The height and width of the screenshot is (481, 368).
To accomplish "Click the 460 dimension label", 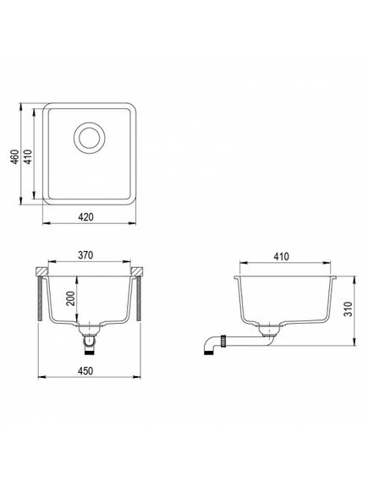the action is pos(16,156).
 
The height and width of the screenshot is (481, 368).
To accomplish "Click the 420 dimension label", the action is pos(85,217).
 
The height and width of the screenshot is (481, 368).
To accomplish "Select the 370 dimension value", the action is pos(85,255).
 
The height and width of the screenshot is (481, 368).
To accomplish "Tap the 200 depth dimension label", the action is pos(71,298).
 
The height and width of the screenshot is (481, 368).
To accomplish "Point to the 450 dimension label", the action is pos(85,371).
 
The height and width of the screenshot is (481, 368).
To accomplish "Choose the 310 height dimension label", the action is pos(347,309).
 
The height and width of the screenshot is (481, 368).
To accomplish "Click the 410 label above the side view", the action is pos(282,256).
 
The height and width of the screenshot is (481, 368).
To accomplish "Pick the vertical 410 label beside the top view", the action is pos(28,156).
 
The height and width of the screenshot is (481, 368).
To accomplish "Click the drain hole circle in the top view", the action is pos(90,138).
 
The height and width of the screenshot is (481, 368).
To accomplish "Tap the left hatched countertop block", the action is pos(41,271).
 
